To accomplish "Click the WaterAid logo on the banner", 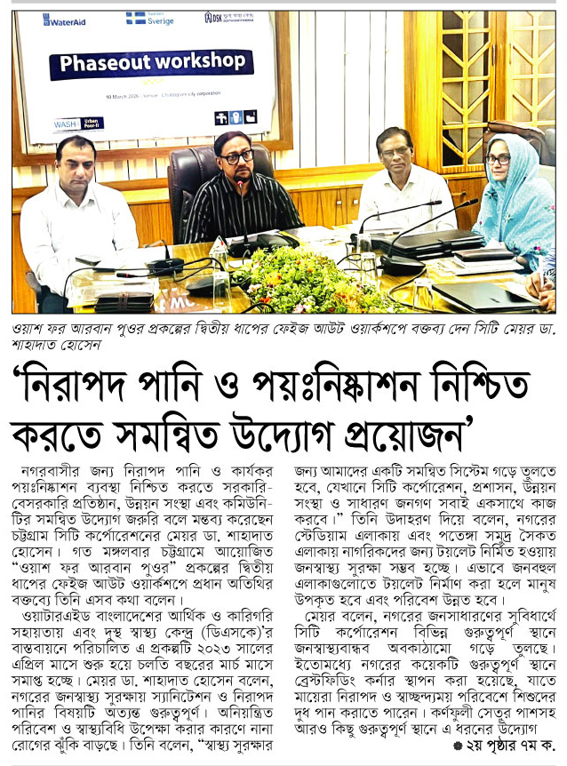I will coord(65,20).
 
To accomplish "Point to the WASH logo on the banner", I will coord(66,124).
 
